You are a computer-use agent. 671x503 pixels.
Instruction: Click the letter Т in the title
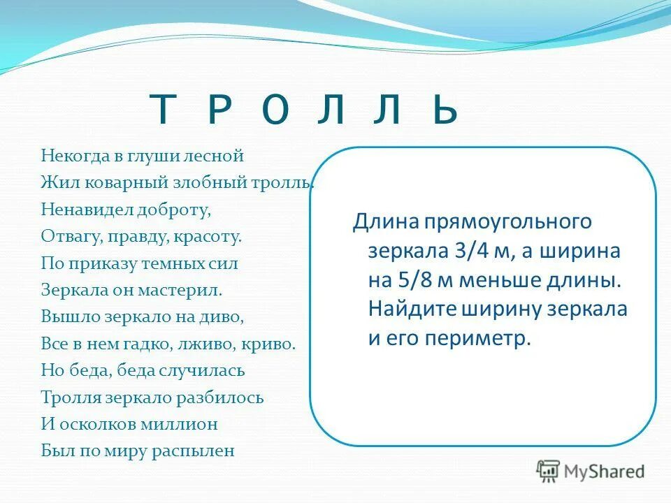[x=163, y=111]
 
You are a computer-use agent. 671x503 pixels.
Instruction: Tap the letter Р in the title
[x=219, y=111]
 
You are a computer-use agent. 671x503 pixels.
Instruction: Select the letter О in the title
[x=275, y=111]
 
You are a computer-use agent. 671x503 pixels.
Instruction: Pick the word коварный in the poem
[x=118, y=182]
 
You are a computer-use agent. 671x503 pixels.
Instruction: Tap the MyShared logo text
[x=602, y=471]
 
